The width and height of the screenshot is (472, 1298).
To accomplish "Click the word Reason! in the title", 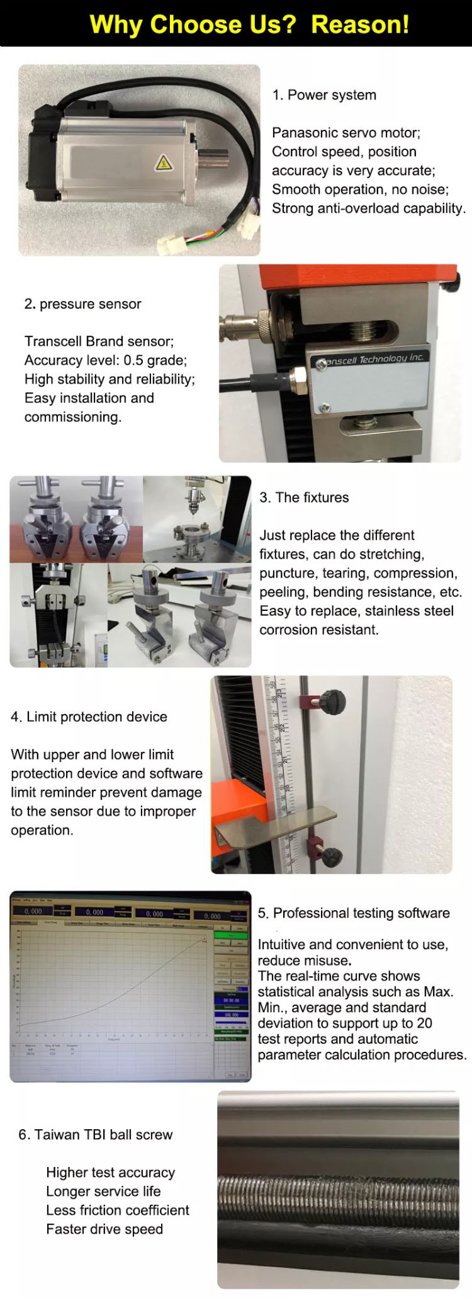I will (x=360, y=25).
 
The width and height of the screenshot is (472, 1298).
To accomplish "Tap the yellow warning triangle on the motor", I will (x=164, y=162).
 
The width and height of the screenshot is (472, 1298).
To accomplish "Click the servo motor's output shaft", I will (x=213, y=156).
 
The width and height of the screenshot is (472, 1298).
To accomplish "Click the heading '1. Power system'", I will (x=324, y=95).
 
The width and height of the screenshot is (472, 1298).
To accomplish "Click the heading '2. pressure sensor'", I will (x=82, y=304).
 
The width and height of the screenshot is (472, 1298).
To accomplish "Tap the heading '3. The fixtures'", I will (x=304, y=498).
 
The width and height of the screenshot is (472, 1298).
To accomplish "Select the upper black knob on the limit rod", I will (x=332, y=700).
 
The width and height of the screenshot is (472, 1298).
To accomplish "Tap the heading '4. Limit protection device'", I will (x=89, y=717).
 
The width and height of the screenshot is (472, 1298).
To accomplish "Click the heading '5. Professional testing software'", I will (x=354, y=913).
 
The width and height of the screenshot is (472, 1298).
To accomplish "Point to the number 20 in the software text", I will (x=424, y=1023).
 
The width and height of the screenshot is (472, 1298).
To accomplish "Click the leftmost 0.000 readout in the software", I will (x=33, y=911).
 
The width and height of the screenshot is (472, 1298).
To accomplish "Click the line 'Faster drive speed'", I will (x=104, y=1229).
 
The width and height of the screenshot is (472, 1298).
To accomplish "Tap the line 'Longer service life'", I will (x=103, y=1192).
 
